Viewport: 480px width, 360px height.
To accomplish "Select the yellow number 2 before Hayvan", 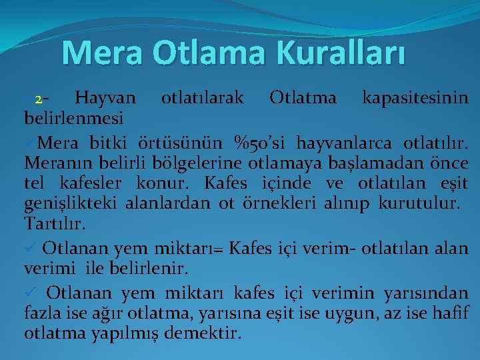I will [x=39, y=99].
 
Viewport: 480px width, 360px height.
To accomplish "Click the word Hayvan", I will [x=105, y=99].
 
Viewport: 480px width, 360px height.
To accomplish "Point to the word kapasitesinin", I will [x=414, y=99].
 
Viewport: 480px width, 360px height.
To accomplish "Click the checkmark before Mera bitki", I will [x=30, y=142].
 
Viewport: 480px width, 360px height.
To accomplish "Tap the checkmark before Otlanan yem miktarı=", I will [x=30, y=249].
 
